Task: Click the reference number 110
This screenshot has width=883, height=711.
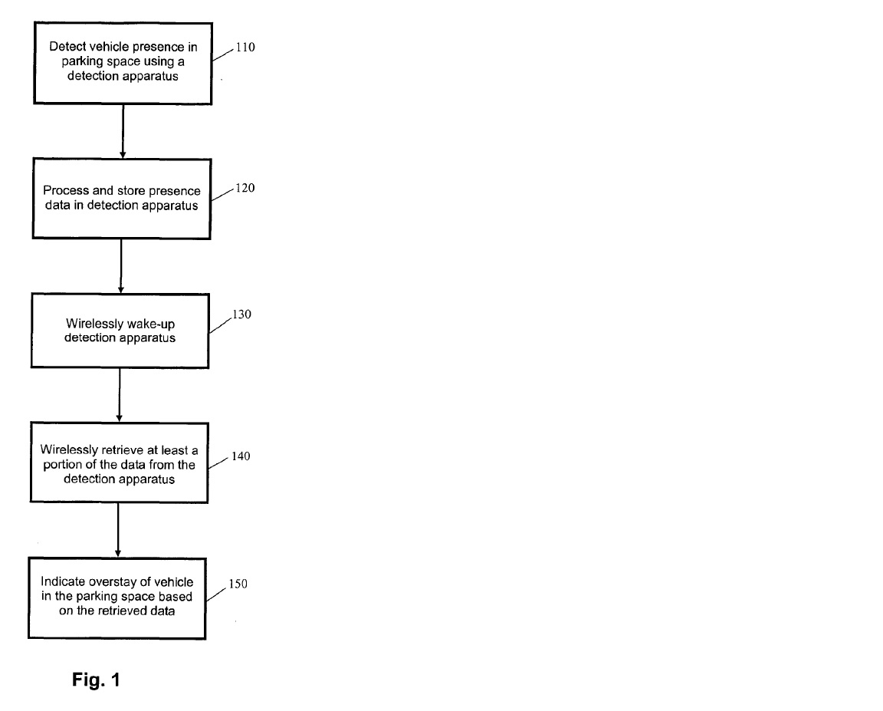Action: [x=245, y=48]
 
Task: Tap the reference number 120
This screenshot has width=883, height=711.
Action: [x=245, y=188]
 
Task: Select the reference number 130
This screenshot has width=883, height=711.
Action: [x=241, y=314]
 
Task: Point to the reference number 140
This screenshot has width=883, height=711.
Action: [x=241, y=456]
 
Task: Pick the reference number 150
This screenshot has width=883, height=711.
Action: [x=238, y=584]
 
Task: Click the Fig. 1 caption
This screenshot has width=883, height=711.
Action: [x=96, y=680]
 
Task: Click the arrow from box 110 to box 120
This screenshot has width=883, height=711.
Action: [x=123, y=131]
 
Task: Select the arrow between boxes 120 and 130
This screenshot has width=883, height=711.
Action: [x=121, y=266]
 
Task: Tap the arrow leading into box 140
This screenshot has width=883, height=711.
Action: [x=120, y=395]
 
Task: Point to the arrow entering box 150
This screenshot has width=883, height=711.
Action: [x=118, y=530]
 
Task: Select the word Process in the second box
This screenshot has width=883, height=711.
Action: [x=66, y=190]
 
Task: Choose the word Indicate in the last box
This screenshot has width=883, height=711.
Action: [x=63, y=581]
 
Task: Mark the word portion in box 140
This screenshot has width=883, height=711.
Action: [x=63, y=465]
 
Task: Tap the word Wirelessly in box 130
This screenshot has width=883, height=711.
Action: [x=94, y=324]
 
